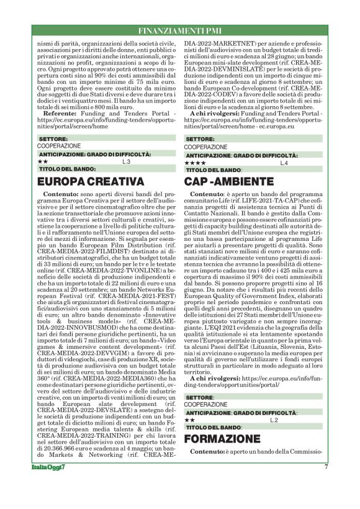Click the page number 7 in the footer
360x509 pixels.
[326, 467]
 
